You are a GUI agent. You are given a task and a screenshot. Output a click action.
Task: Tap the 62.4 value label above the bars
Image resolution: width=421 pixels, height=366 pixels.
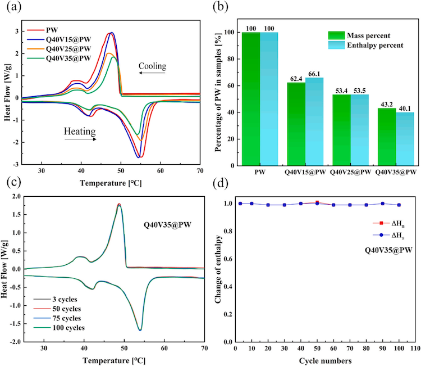point(296,78)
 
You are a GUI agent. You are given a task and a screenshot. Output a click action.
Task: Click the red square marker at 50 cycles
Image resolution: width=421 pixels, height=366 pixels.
point(318,202)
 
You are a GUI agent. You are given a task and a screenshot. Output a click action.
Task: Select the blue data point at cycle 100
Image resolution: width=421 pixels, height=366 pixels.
point(399,205)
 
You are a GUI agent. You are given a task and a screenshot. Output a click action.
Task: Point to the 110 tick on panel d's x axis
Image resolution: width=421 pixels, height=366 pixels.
point(414,349)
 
